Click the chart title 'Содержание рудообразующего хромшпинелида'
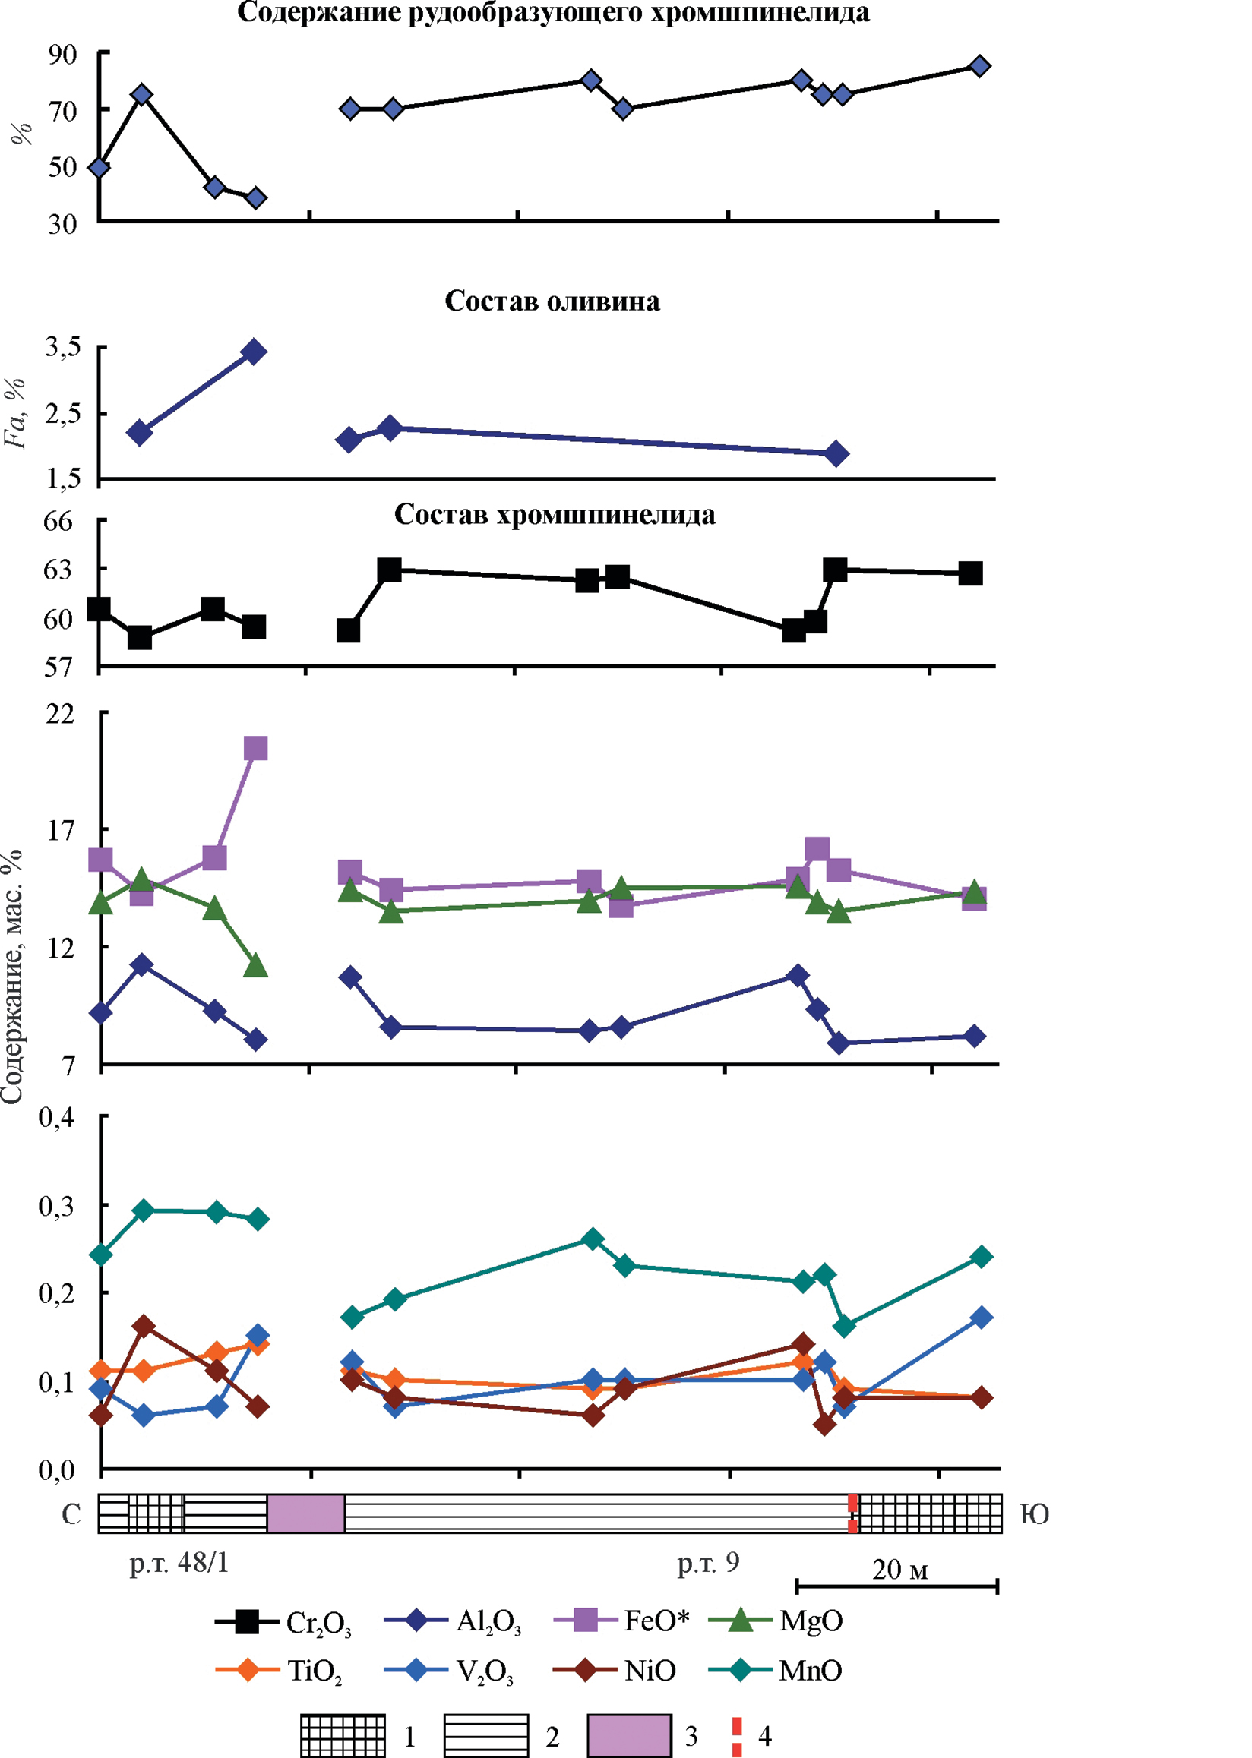click(553, 13)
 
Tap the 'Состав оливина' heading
click(552, 301)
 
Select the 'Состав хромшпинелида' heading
click(555, 515)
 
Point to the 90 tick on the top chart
click(62, 55)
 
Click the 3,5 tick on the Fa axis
click(62, 348)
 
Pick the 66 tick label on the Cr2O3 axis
click(58, 522)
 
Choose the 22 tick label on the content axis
click(61, 714)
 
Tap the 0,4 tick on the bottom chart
click(57, 1117)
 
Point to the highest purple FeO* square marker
click(255, 747)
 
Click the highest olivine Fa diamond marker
click(253, 352)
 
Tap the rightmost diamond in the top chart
click(979, 65)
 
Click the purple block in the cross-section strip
click(305, 1513)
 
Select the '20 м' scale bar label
click(899, 1569)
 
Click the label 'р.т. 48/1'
click(179, 1562)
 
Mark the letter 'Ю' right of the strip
click(1035, 1514)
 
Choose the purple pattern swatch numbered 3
click(628, 1736)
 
